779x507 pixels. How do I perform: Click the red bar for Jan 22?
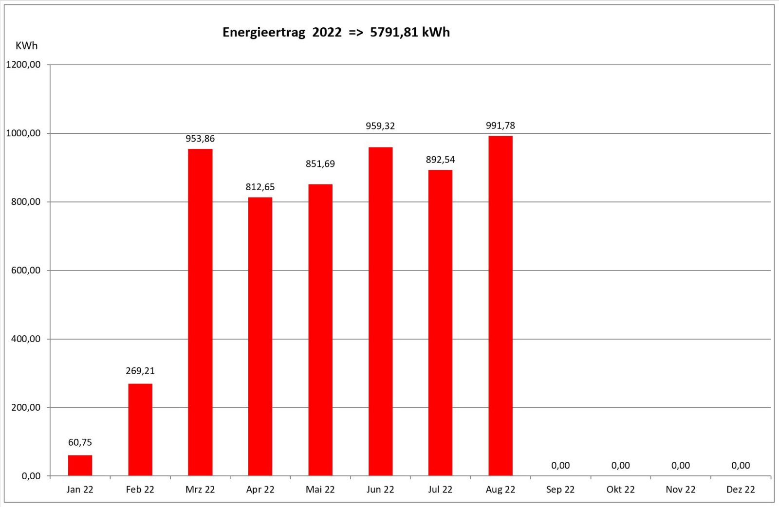pos(80,465)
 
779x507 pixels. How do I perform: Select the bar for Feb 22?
pos(140,429)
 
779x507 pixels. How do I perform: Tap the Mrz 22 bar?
pos(200,312)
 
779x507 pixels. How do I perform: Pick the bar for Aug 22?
pos(501,306)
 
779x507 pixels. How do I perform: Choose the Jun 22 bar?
pos(380,311)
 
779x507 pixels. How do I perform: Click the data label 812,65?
pos(260,187)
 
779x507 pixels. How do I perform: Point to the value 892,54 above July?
pos(440,160)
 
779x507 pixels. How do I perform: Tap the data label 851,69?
pos(320,164)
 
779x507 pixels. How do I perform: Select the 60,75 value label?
pos(80,442)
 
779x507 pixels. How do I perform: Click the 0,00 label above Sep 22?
pos(560,466)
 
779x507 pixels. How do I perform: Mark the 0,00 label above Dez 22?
pos(741,466)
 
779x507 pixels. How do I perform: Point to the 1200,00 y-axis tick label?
pos(23,65)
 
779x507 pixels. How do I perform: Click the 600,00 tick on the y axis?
pos(26,271)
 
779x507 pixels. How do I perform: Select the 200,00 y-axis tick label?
pos(26,408)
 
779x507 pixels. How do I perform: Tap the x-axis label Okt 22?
pos(620,489)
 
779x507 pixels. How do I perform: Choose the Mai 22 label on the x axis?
pos(320,489)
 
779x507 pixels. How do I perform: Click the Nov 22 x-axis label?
pos(681,489)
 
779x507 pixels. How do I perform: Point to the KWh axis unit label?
pos(26,46)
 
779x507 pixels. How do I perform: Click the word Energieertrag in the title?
pos(264,33)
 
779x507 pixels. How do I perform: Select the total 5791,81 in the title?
pos(394,33)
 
